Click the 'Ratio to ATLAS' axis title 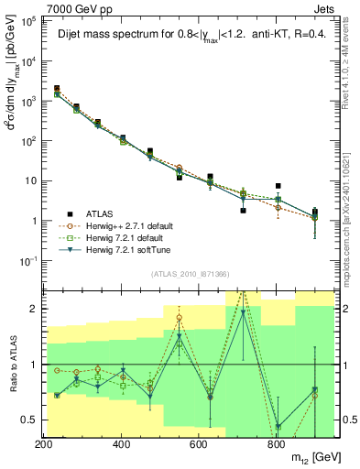11,365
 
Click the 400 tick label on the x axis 121,443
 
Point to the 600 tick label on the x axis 198,443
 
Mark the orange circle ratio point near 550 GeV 180,318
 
